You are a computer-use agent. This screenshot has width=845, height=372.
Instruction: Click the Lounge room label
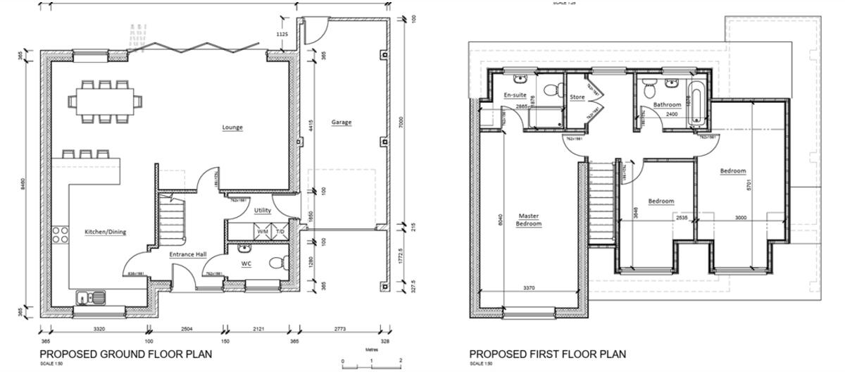click(232, 128)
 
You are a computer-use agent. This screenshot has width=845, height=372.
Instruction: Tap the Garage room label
click(341, 122)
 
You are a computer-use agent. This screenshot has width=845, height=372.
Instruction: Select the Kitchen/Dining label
click(106, 232)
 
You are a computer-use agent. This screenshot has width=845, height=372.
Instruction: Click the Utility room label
click(263, 210)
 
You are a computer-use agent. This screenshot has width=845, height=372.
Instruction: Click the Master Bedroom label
click(529, 220)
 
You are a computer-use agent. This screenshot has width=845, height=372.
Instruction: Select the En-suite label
click(515, 95)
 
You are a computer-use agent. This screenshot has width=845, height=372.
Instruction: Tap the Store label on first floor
click(577, 97)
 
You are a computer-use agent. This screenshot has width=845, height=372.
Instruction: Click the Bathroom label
click(667, 105)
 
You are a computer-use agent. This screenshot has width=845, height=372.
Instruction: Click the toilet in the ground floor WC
click(277, 262)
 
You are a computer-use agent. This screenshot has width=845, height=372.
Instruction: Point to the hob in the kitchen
click(59, 233)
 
